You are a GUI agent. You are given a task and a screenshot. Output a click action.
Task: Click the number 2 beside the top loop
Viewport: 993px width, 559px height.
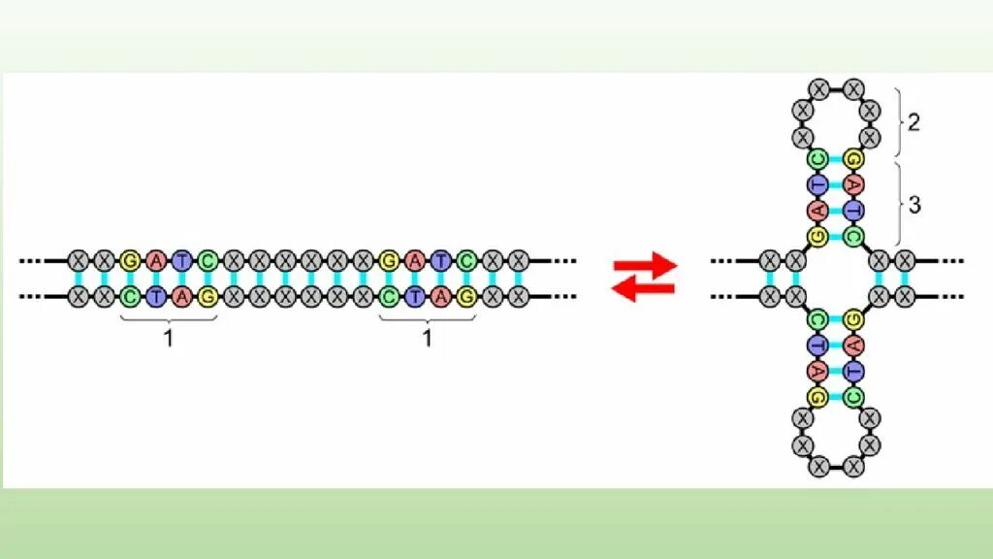coord(913,123)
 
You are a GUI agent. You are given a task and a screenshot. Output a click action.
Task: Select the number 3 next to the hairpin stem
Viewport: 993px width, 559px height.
coord(913,206)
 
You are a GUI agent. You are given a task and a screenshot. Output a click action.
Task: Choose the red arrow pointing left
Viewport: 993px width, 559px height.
coord(643,287)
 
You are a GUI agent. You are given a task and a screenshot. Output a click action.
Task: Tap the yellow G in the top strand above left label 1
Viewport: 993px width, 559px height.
coord(130,260)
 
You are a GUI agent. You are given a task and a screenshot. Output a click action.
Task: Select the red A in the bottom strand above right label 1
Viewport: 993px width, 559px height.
coord(440,297)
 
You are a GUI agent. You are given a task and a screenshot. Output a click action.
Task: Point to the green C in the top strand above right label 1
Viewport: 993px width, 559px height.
coord(466,260)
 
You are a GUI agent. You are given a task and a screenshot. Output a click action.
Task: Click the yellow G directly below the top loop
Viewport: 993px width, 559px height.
coord(853,158)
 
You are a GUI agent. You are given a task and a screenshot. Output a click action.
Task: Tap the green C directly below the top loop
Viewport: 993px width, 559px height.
coord(817,158)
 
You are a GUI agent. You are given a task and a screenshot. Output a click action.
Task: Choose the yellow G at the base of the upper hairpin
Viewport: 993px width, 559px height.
coord(817,236)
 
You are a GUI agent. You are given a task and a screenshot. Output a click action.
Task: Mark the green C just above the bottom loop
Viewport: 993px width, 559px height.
coord(853,396)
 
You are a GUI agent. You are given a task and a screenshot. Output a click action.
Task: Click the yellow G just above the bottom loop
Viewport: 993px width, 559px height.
coord(817,396)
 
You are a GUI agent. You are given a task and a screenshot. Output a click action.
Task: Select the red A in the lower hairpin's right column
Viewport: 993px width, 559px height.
coord(853,345)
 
